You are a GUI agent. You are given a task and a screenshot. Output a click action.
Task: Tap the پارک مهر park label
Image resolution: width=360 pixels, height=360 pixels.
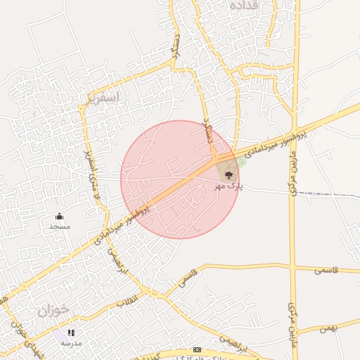tap(226, 187)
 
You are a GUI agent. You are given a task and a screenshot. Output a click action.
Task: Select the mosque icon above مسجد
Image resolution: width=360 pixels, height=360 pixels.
tap(59, 216)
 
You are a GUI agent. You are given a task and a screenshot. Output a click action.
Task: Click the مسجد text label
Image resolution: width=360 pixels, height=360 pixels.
tap(59, 226)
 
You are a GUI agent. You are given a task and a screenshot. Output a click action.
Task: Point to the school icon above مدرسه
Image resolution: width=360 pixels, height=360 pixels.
tap(71, 332)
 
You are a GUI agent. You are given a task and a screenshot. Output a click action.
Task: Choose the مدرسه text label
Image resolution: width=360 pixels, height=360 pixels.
tap(71, 342)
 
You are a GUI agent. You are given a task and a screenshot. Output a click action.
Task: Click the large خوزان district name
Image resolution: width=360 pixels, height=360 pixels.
tap(55, 310)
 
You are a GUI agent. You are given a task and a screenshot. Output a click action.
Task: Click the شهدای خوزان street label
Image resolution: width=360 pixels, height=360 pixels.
tap(21, 338)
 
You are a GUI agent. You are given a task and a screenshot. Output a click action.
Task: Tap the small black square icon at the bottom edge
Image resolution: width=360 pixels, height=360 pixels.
tap(197, 349)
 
